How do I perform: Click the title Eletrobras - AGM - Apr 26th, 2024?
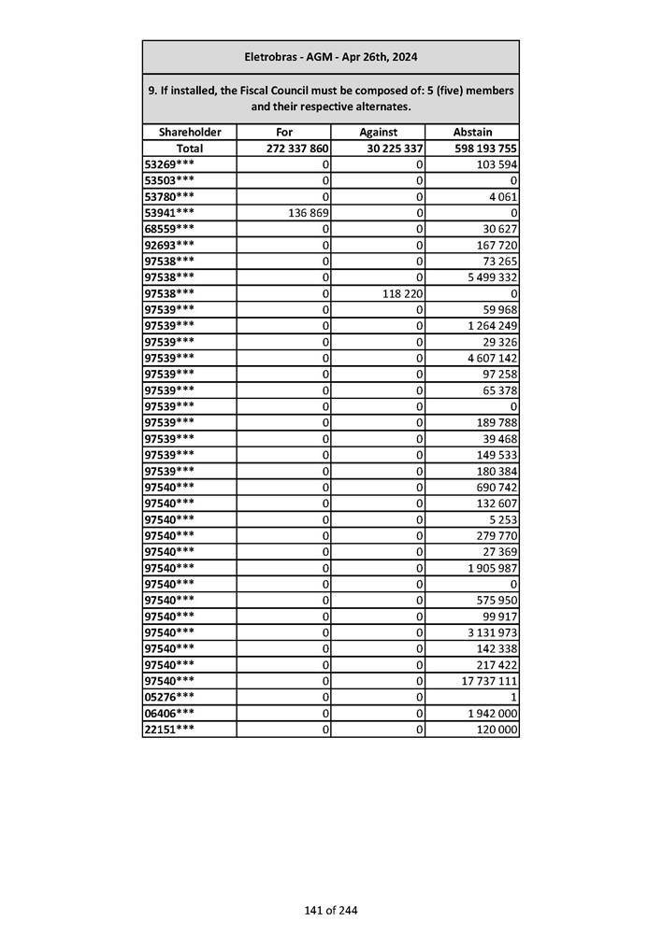click(x=330, y=57)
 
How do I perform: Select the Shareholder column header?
click(x=190, y=133)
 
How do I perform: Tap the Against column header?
click(x=378, y=133)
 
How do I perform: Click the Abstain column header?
click(x=471, y=133)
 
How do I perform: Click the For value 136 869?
click(x=305, y=213)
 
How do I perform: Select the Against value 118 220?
click(x=399, y=293)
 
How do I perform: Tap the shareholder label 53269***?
click(x=170, y=164)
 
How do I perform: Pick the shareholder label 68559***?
click(x=170, y=229)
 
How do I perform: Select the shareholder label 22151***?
click(x=170, y=730)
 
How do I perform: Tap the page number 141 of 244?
click(x=330, y=911)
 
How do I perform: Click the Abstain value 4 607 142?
click(x=492, y=358)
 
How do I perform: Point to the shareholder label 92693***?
click(x=170, y=245)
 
